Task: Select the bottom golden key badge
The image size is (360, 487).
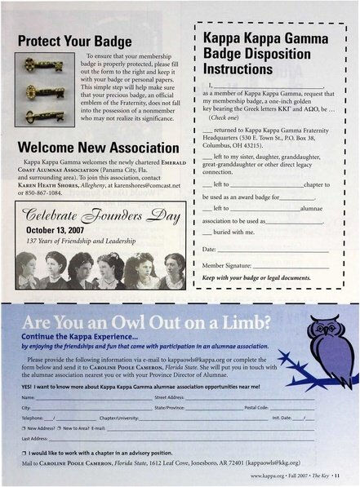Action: click(x=44, y=115)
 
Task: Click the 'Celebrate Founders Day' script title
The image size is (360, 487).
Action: click(x=104, y=214)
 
